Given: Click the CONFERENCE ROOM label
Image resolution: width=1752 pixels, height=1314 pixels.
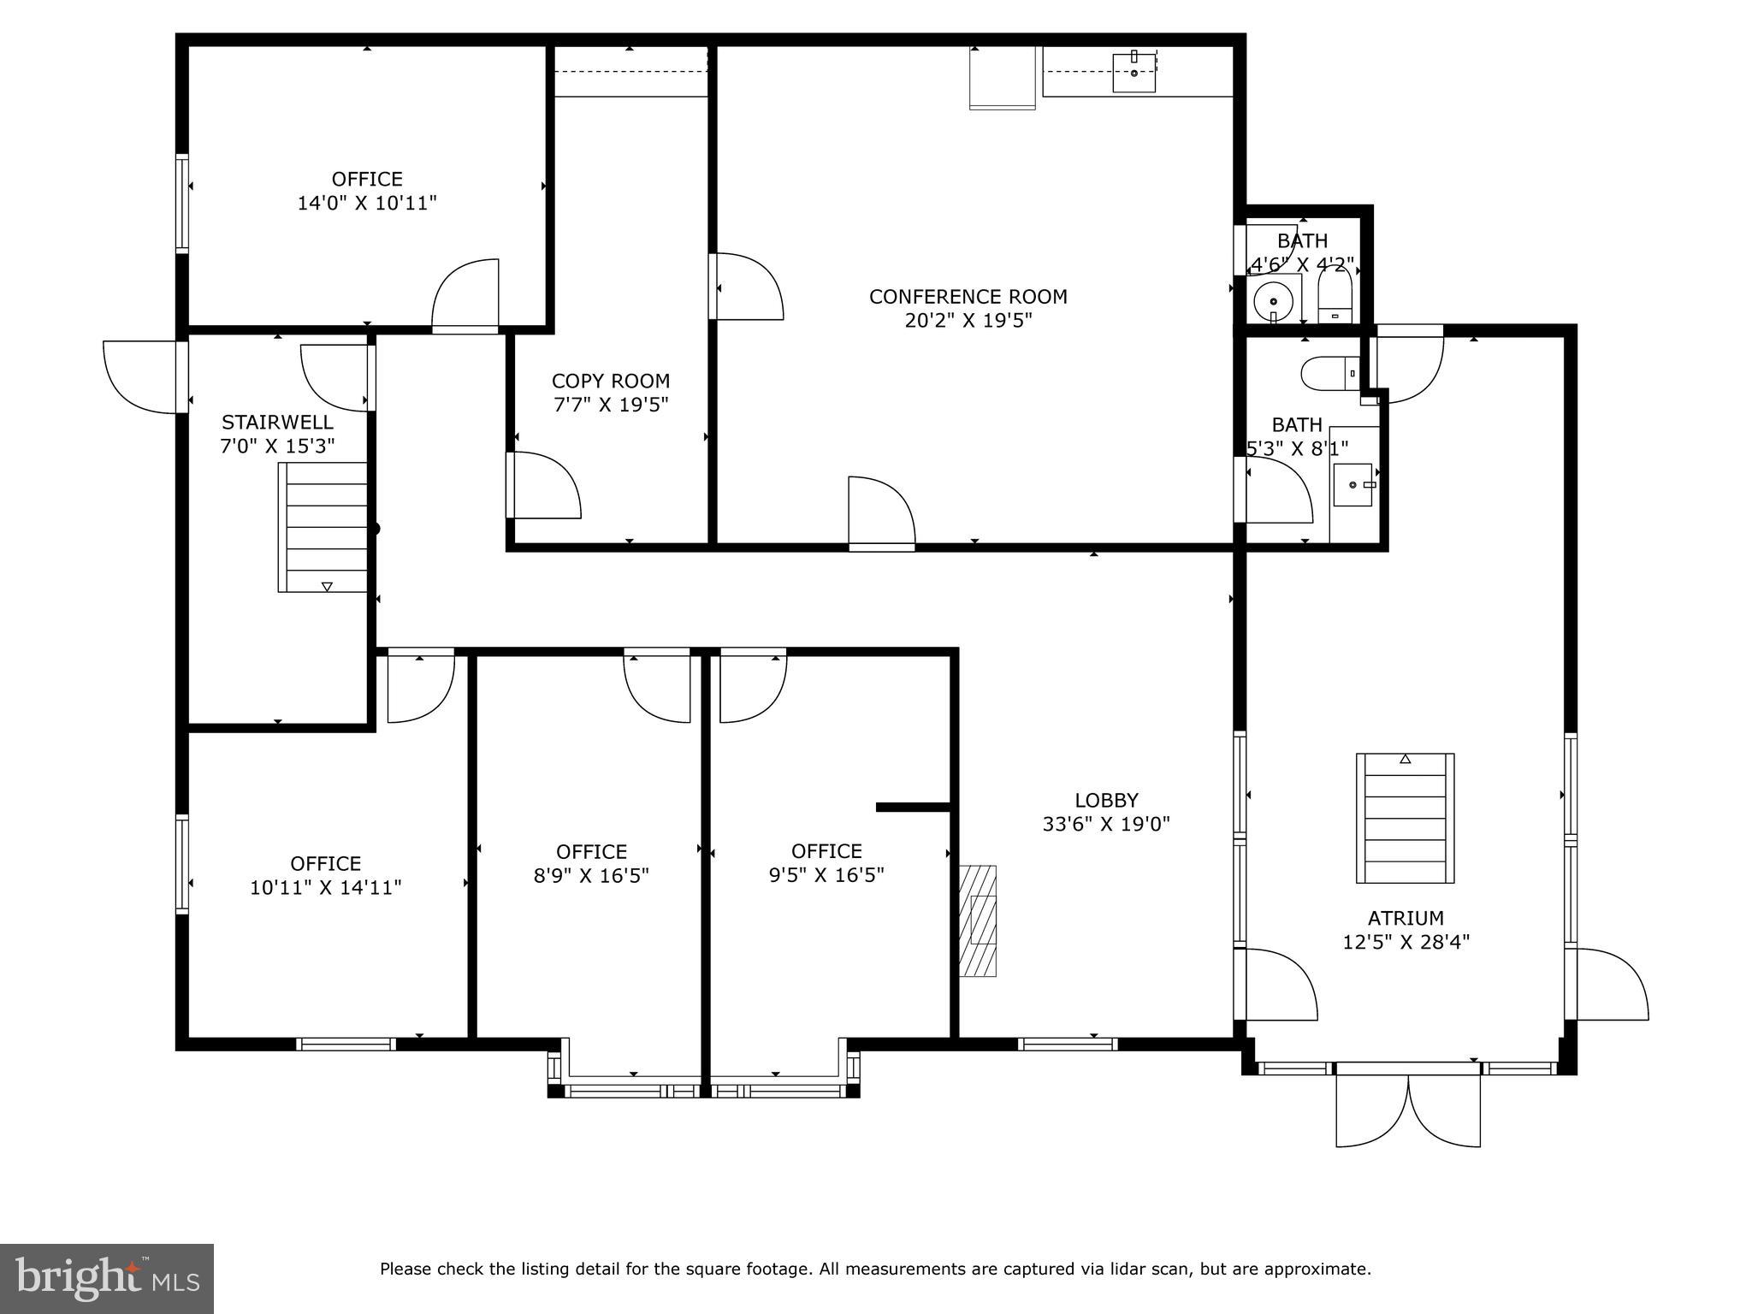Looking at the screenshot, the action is pyautogui.click(x=968, y=297).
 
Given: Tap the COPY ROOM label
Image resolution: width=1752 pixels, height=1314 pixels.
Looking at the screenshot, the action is pyautogui.click(x=611, y=381).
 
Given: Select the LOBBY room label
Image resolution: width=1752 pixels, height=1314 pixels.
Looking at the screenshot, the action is pyautogui.click(x=1107, y=800).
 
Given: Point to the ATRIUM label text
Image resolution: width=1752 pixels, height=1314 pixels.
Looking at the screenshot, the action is pyautogui.click(x=1406, y=918).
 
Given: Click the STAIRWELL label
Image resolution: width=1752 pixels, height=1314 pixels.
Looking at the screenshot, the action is pyautogui.click(x=278, y=422).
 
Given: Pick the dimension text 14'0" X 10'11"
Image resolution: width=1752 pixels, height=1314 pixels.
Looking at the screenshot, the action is pyautogui.click(x=367, y=204).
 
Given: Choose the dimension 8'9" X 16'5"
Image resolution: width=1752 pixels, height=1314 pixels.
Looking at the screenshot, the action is pyautogui.click(x=592, y=876).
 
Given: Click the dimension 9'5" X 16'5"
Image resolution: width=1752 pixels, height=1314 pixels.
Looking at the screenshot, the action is pyautogui.click(x=826, y=875).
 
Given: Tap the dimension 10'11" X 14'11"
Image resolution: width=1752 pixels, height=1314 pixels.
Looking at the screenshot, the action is pyautogui.click(x=326, y=888).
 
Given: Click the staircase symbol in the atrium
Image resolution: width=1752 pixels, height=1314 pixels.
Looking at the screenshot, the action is pyautogui.click(x=1406, y=818).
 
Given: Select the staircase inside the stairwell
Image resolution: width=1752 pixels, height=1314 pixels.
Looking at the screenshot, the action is pyautogui.click(x=323, y=527).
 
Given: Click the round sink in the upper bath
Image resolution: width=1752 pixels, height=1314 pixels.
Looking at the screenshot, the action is pyautogui.click(x=1273, y=302).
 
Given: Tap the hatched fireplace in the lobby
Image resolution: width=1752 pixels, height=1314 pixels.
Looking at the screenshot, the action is pyautogui.click(x=978, y=920).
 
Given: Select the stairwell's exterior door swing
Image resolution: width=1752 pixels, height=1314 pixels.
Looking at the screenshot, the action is pyautogui.click(x=139, y=377).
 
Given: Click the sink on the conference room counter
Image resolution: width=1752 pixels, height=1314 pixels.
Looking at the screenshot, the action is pyautogui.click(x=1134, y=71).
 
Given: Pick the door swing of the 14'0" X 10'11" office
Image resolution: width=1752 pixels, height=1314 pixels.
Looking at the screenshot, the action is pyautogui.click(x=465, y=293).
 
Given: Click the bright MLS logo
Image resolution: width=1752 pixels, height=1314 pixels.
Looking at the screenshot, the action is pyautogui.click(x=107, y=1278).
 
